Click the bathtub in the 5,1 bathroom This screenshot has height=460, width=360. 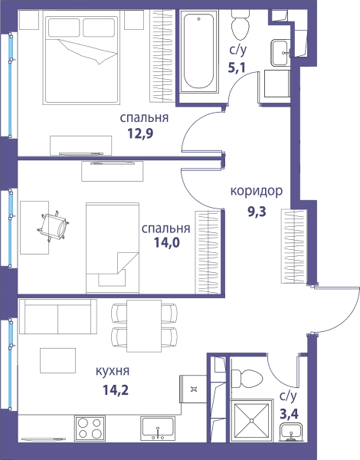[x=198, y=51]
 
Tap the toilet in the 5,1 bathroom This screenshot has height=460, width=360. [x=240, y=25]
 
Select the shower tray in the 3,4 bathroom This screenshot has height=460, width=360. [x=251, y=420]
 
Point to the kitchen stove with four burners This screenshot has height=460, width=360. [x=90, y=429]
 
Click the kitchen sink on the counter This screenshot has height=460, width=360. [x=158, y=429]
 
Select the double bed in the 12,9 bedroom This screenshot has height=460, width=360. [x=81, y=58]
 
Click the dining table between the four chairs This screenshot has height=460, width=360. [x=144, y=326]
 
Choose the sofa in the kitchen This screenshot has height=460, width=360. [x=58, y=317]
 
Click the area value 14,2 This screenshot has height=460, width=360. [x=116, y=390]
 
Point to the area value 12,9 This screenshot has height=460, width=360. [x=140, y=133]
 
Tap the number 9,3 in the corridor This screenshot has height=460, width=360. [x=257, y=212]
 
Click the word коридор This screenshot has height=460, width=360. [x=257, y=191]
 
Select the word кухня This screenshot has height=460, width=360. [x=113, y=372]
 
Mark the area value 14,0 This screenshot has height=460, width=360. [x=167, y=243]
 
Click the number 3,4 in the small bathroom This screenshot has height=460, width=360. [x=289, y=414]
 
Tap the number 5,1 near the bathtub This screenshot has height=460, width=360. [x=237, y=68]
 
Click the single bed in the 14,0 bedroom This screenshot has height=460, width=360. [x=113, y=248]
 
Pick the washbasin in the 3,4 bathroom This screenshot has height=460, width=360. [x=290, y=432]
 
